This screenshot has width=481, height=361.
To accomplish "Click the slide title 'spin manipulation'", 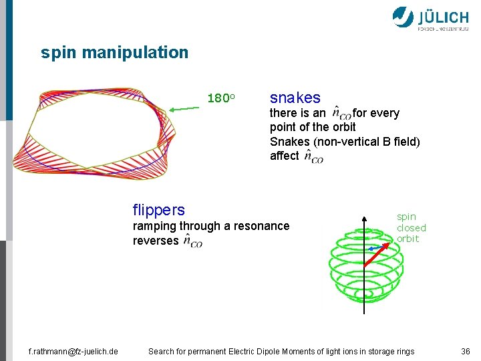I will coord(114,52).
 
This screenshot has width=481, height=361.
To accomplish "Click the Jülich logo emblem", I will coord(403,17).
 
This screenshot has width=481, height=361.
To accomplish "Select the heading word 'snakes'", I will coord(295,98).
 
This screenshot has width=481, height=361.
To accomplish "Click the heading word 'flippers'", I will coord(159,210).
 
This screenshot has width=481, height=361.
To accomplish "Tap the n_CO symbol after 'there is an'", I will coord(341,114).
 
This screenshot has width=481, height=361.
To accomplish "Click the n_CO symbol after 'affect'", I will coord(313,156).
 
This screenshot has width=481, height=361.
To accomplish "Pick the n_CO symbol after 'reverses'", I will coord(192,242).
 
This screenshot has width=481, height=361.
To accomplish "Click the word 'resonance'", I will coord(262,226).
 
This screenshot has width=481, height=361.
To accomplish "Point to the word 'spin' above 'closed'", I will coord(406,217).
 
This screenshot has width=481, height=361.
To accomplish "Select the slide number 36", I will coord(466,352).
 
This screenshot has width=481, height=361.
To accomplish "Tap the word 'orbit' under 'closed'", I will coord(408,239).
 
